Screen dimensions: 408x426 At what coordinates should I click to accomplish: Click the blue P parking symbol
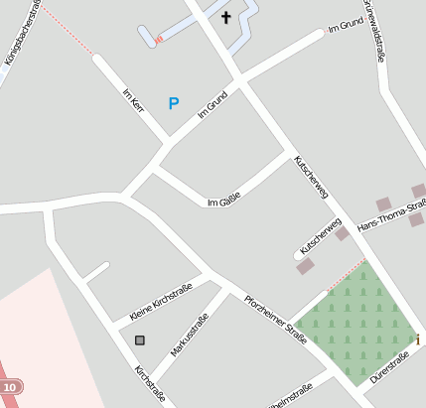(174, 102)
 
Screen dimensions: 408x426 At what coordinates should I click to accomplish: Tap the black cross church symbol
(225, 17)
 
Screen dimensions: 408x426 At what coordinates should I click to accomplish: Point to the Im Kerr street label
(133, 105)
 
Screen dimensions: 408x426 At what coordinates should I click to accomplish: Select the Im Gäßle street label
(224, 199)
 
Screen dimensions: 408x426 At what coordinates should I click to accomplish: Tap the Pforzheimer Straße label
(277, 315)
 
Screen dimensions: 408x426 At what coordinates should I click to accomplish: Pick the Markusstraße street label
(189, 335)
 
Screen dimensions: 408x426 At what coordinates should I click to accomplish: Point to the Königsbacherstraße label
(21, 35)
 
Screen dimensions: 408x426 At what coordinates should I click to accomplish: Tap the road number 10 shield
(10, 386)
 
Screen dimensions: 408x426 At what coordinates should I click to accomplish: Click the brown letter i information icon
(417, 340)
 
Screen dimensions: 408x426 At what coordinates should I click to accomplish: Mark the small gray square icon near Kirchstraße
(139, 340)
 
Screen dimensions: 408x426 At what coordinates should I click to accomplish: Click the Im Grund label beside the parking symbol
(213, 106)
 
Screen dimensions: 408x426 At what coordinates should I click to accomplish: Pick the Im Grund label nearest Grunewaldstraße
(345, 27)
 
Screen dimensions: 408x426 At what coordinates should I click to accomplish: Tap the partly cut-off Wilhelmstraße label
(290, 394)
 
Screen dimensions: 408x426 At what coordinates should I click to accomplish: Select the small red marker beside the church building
(158, 40)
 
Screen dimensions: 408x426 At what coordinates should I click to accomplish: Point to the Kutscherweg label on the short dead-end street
(321, 236)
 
